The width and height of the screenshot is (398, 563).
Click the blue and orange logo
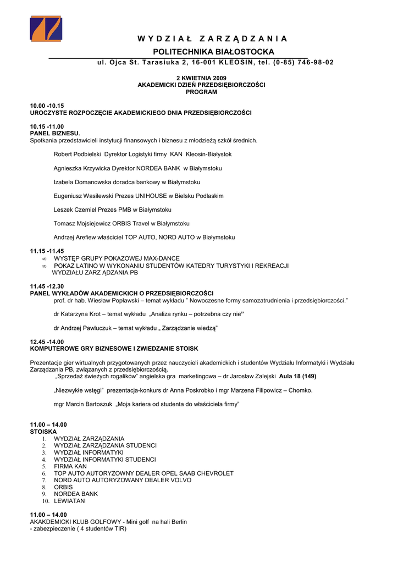46,28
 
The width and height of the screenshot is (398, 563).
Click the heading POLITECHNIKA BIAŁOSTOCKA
213,52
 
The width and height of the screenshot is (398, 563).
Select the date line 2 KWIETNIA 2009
201,78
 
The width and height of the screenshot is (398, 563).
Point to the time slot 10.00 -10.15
47,106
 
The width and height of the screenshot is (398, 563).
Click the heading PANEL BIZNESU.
55,133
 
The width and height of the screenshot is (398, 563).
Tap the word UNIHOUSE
147,196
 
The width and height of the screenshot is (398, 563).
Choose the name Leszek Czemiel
75,209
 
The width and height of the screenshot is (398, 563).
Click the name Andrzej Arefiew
75,238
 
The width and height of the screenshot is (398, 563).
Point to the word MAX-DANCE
161,258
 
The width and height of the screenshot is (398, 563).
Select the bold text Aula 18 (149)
298,377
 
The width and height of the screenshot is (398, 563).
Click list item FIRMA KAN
70,466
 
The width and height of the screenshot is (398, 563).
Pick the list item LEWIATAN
69,501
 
